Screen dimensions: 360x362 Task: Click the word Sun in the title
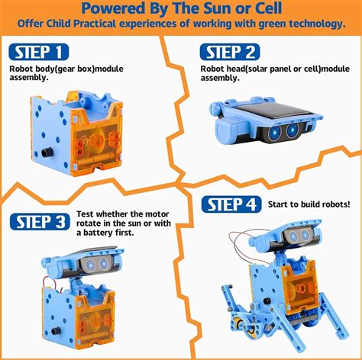click(219, 9)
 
